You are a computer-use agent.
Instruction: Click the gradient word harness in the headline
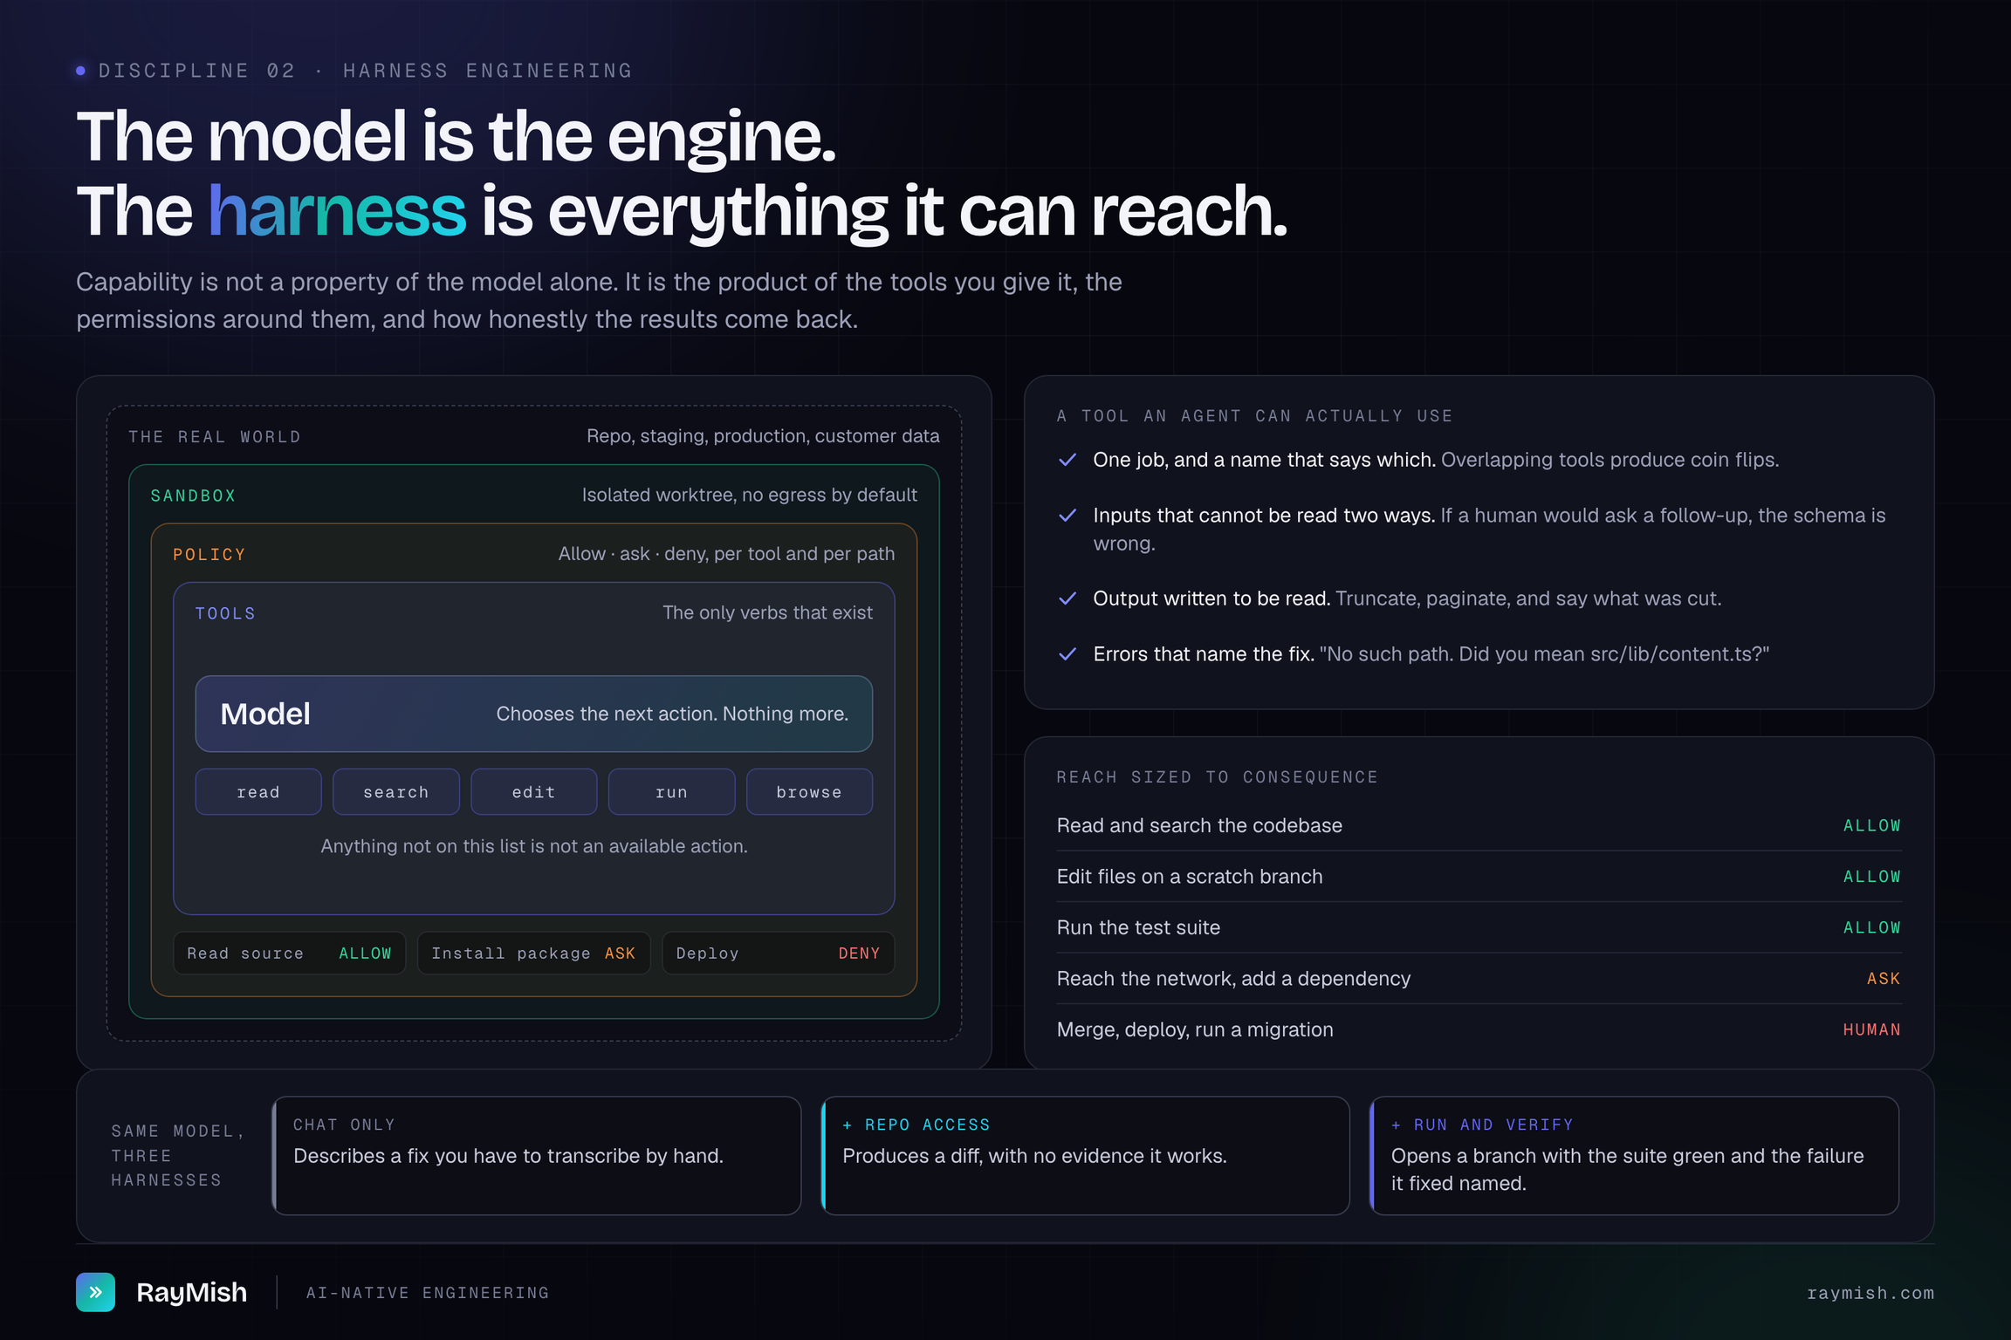coord(337,210)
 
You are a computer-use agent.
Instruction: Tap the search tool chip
coord(396,791)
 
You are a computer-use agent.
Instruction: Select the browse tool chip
coord(809,791)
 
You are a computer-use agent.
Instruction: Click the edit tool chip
coord(533,791)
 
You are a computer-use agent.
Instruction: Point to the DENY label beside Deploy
coord(859,954)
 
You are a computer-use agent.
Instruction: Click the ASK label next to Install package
coord(620,954)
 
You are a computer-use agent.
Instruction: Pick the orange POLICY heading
coord(209,554)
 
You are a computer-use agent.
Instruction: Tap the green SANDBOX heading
coord(193,496)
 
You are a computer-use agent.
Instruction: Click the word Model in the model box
coord(265,714)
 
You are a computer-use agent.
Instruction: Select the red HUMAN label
coord(1871,1029)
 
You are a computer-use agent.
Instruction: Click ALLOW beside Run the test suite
coord(1871,927)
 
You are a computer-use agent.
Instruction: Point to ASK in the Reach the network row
coord(1884,979)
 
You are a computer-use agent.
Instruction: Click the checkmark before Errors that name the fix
coord(1067,654)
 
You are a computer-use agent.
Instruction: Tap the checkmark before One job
coord(1067,460)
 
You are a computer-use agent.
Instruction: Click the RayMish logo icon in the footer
coord(95,1292)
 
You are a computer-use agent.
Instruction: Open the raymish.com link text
coord(1870,1293)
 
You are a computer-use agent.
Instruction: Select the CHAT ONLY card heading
coord(344,1125)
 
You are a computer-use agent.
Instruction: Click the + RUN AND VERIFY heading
coord(1482,1125)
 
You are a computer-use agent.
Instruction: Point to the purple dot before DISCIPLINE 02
coord(81,71)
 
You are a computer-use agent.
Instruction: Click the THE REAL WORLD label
coord(215,437)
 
